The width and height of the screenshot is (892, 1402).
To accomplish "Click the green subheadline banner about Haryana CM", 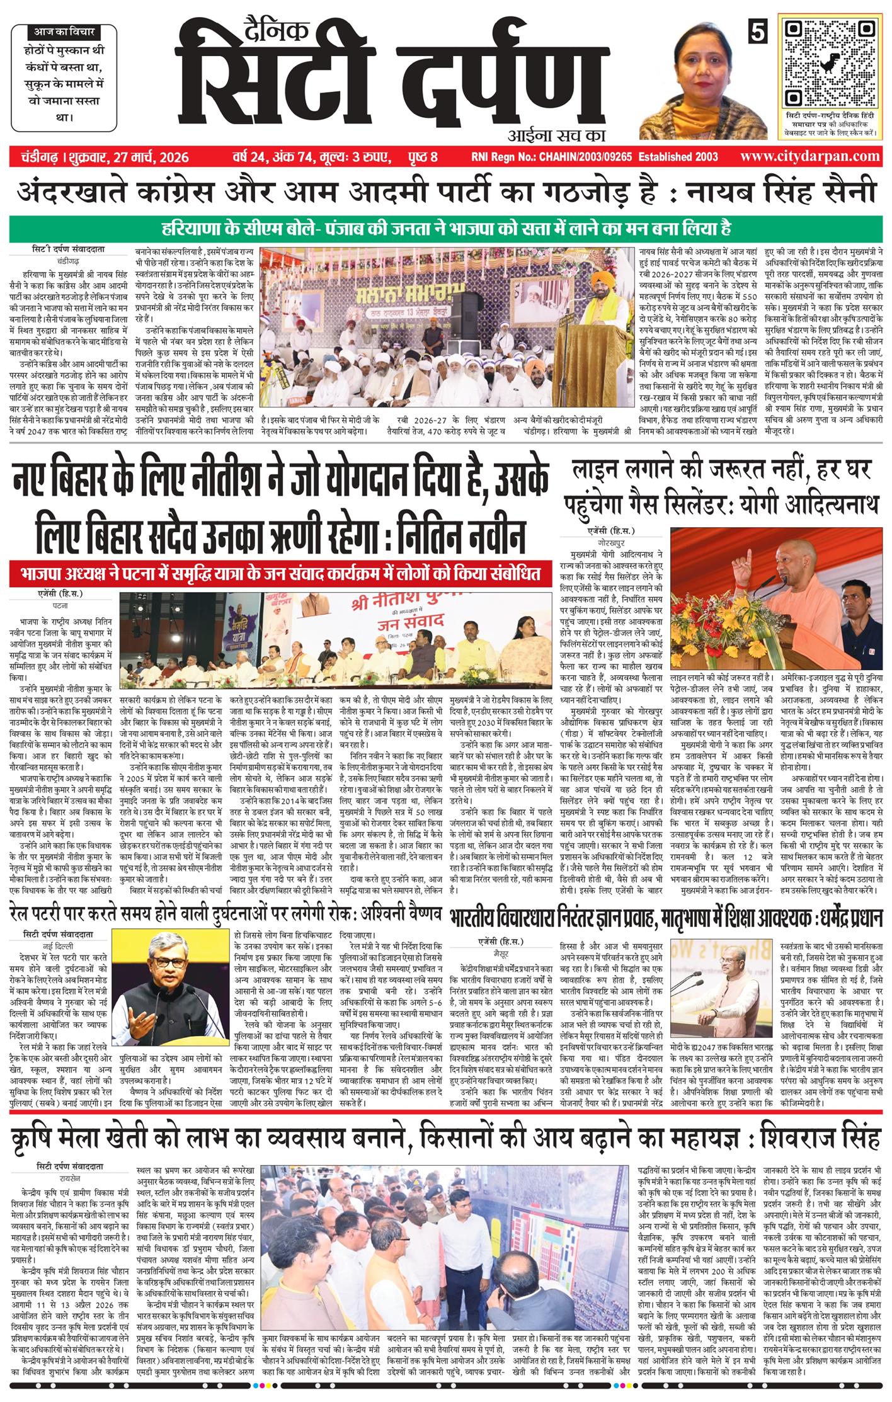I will [445, 227].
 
